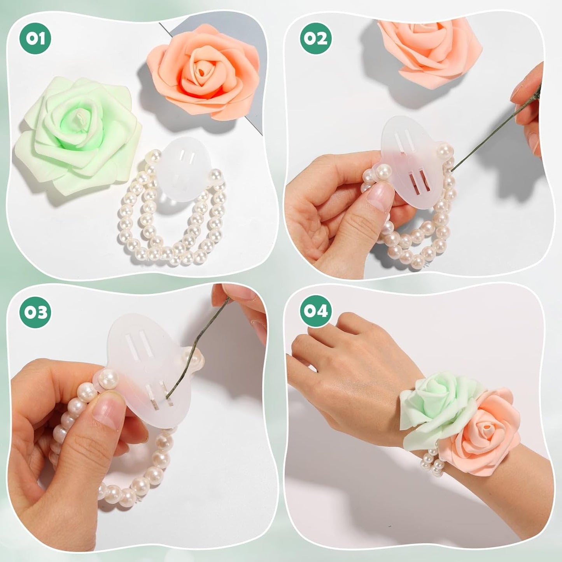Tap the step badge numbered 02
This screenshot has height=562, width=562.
point(316,38)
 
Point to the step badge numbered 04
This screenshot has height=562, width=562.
point(316,312)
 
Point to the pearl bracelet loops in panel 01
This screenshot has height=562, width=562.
point(171,229)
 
